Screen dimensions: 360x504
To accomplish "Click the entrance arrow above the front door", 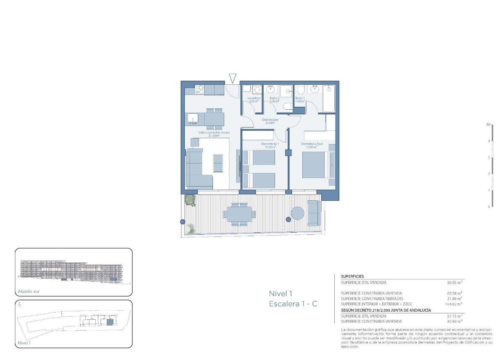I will tap(233, 78).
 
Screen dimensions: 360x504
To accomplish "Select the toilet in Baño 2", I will tap(288, 107).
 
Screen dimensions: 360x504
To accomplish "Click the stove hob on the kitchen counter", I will tap(199, 89).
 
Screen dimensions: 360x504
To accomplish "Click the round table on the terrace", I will tap(298, 213).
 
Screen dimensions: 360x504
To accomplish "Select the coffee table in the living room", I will tap(218, 163).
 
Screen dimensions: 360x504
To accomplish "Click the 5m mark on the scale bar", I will tap(488, 125).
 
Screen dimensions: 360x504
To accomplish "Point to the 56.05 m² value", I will tap(454, 283).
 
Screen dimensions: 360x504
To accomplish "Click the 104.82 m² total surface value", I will tap(454, 303).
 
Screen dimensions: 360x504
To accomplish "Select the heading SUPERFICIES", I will tap(352, 276).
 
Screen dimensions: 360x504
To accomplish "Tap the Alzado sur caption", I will tap(29, 291).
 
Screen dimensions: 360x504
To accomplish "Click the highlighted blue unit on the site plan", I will tap(110, 322).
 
